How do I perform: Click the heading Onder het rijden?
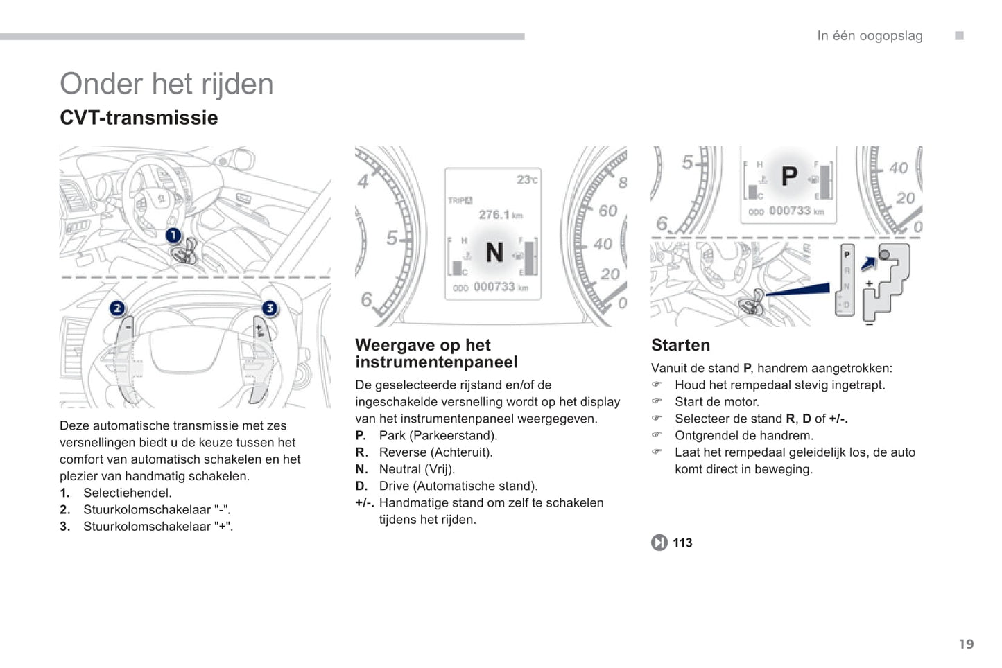166,84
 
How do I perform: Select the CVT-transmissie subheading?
139,118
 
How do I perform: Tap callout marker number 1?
173,236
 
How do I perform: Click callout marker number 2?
117,308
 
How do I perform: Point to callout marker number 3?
269,308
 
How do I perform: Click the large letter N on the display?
494,252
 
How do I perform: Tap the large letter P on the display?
789,177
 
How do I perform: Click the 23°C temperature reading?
526,180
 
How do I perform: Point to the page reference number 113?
682,543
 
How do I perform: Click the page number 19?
966,644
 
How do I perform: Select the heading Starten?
680,345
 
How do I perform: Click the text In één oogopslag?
870,36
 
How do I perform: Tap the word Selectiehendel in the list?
128,493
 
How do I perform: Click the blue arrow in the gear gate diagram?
868,263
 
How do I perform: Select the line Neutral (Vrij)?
417,469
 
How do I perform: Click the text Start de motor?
717,402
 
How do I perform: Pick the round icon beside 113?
659,543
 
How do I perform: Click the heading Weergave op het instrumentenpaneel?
436,353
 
